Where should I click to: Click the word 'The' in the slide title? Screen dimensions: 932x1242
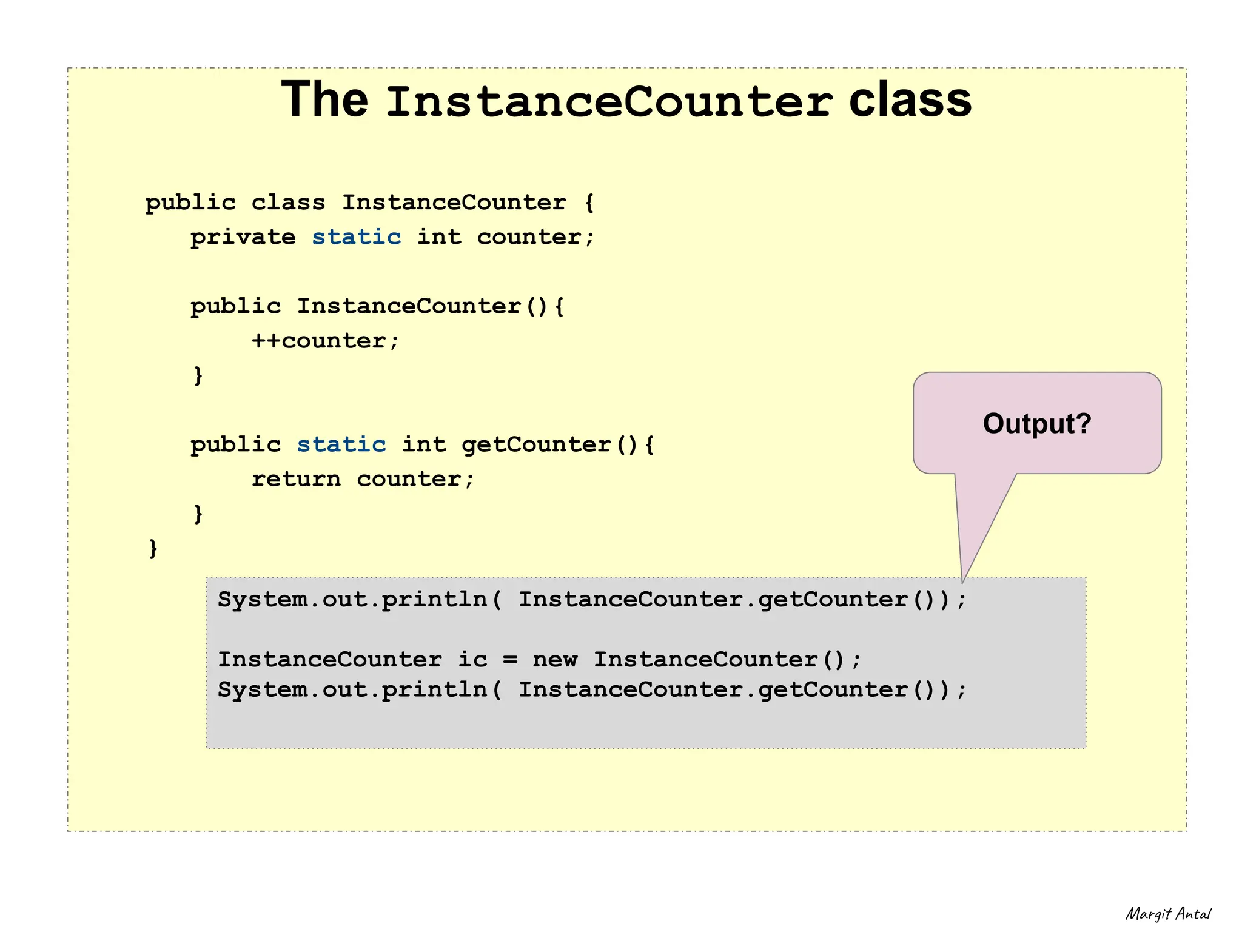coord(324,100)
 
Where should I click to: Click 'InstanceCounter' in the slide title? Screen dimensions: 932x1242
coord(608,102)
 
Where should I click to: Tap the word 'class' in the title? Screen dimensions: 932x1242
coord(910,100)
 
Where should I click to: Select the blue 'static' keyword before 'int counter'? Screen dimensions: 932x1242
coord(357,237)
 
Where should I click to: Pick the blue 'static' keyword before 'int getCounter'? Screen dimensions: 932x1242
coord(341,444)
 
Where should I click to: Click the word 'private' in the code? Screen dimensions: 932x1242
coord(243,238)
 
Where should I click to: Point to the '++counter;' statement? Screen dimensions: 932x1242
coord(326,341)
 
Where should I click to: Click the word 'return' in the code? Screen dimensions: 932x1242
coord(296,479)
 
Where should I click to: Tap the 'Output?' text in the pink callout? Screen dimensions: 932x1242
coord(1037,423)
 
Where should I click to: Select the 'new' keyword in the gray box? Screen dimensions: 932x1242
coord(555,659)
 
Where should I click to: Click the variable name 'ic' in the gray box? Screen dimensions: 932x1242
coord(472,659)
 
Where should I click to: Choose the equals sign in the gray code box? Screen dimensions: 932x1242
coord(511,660)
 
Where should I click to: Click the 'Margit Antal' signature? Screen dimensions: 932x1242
coord(1168,914)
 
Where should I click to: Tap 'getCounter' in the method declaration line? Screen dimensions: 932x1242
coord(536,444)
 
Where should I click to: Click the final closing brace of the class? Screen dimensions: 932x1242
coord(153,548)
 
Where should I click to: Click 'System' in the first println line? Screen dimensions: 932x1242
coord(262,599)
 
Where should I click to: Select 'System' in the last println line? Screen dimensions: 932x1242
coord(262,689)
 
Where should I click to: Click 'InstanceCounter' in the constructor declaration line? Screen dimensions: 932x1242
coord(409,306)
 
